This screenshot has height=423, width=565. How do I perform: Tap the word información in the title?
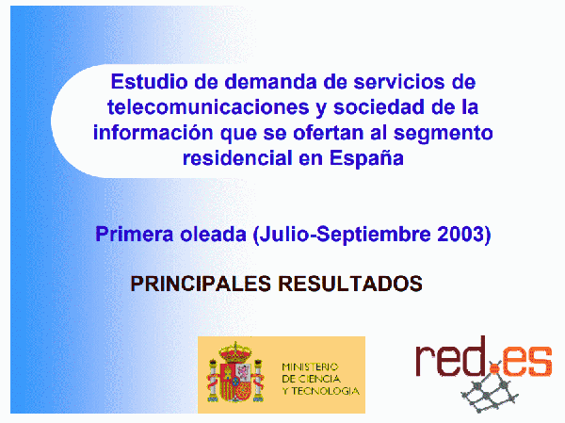tap(153, 132)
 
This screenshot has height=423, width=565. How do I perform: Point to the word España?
tap(366, 158)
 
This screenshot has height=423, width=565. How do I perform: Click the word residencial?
tap(237, 158)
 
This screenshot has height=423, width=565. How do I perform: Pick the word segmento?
tap(443, 134)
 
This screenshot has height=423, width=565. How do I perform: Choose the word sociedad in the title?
tap(380, 106)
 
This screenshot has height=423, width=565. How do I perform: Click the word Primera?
tap(135, 234)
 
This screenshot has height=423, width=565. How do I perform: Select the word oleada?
tap(214, 234)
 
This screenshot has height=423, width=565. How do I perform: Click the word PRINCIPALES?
tap(201, 284)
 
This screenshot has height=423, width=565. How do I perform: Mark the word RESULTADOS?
tap(350, 284)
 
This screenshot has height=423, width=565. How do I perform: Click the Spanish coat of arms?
tap(235, 372)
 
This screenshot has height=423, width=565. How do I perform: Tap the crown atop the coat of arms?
tap(235, 351)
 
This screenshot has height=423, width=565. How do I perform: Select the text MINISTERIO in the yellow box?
tap(310, 367)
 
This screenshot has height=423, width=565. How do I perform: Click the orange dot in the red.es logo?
tap(496, 368)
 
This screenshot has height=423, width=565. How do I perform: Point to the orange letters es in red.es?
tap(526, 361)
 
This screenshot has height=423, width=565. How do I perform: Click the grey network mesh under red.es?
tap(491, 394)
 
